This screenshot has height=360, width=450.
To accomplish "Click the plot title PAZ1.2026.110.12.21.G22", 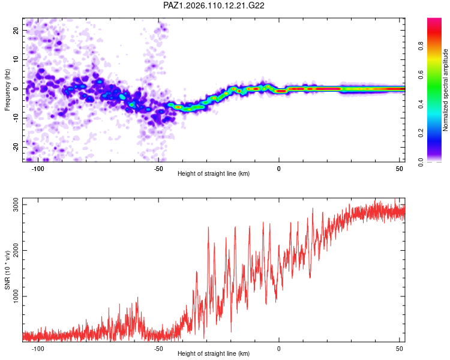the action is [214, 5].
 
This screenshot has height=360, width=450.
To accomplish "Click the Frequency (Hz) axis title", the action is [7, 90].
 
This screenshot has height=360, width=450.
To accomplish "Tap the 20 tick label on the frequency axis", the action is [16, 30].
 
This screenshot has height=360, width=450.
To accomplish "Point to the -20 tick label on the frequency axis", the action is [16, 148].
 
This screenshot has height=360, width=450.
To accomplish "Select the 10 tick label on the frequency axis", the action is [16, 59].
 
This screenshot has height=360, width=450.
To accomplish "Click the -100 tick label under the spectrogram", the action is [38, 169].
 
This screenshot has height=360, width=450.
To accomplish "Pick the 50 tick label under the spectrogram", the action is [400, 169].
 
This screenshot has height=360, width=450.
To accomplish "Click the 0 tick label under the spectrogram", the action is [278, 169].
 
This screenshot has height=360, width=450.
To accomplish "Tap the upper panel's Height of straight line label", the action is [214, 173].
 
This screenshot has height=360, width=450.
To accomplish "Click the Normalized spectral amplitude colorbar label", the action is [445, 90].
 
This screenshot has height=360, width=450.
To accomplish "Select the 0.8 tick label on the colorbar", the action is [421, 46].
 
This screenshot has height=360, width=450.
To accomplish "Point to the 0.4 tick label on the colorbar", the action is [421, 104].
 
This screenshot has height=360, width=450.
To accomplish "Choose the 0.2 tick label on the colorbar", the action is [421, 133].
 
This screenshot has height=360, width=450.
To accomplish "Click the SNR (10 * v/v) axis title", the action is [7, 270].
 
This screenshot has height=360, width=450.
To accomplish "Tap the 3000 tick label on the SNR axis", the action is [16, 205].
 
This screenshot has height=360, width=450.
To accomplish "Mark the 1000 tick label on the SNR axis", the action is [16, 296].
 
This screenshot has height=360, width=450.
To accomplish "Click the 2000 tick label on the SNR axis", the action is [16, 250].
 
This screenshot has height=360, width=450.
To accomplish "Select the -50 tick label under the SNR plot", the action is [158, 349].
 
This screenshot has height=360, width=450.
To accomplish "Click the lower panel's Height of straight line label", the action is [214, 353].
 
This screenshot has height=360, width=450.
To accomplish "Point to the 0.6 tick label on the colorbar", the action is [421, 75].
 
